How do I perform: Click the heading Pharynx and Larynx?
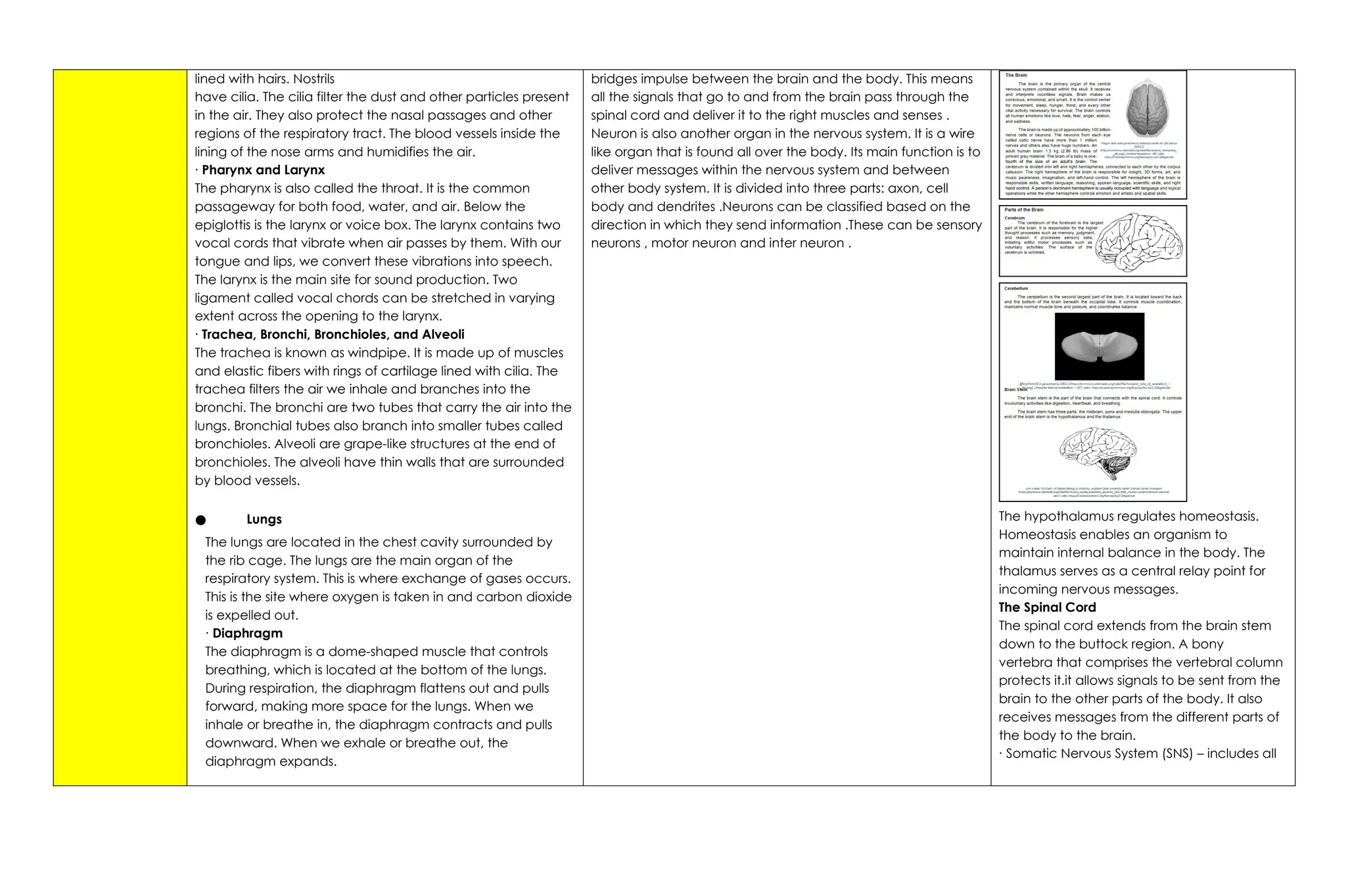263,170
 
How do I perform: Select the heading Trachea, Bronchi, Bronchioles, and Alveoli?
333,335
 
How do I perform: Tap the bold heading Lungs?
264,519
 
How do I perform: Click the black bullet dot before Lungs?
200,521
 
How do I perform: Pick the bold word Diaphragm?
247,634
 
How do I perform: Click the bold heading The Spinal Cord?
1047,607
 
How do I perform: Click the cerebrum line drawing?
1140,241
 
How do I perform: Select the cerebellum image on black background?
1099,346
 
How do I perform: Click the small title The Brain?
1015,76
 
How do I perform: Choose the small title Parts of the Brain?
1023,210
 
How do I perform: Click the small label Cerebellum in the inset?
1016,289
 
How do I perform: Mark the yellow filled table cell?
120,427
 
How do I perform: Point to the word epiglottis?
227,225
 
